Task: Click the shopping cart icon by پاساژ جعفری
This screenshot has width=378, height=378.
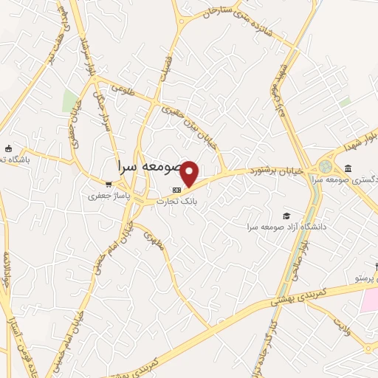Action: [109, 185]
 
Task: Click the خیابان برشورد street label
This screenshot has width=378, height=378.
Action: [281, 171]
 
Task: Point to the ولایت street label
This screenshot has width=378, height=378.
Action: [340, 324]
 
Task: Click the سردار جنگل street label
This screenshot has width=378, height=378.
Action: [104, 111]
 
